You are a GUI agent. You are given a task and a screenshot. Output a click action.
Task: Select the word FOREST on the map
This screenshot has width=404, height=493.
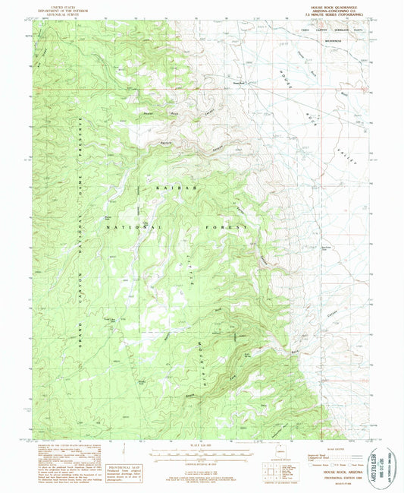pos(227,226)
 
